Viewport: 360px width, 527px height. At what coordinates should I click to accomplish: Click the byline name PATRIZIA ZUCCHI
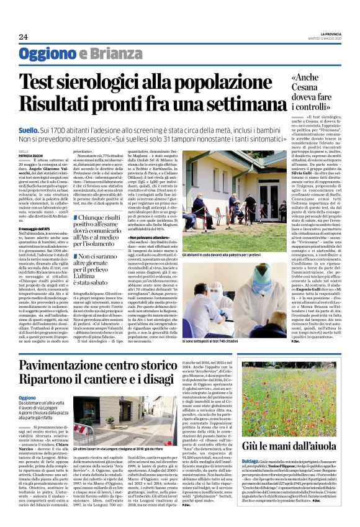point(30,155)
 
